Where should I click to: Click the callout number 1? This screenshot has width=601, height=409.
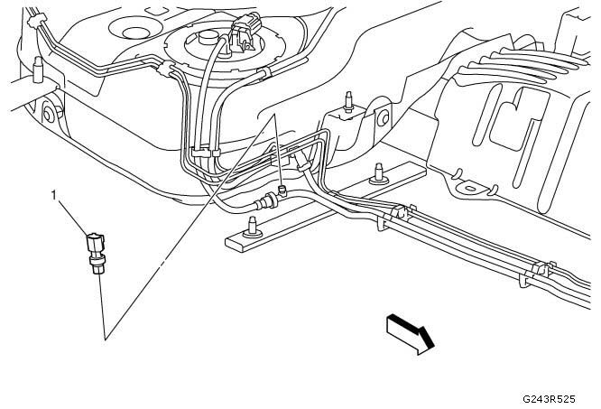click(57, 193)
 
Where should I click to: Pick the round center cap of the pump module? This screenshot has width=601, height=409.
click(205, 40)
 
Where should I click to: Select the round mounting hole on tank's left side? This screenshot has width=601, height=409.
click(46, 113)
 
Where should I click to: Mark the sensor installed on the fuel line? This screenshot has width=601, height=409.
click(282, 190)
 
